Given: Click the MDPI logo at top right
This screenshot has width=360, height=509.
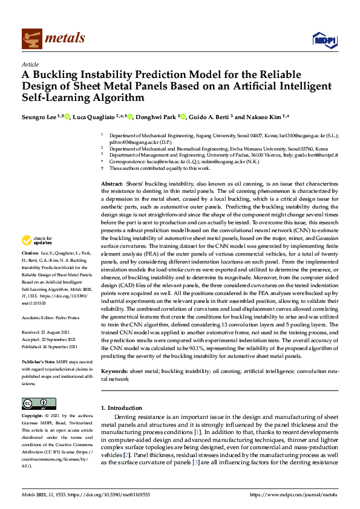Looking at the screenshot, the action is (x=324, y=39).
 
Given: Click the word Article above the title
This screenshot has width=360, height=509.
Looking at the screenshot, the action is (x=30, y=64).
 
